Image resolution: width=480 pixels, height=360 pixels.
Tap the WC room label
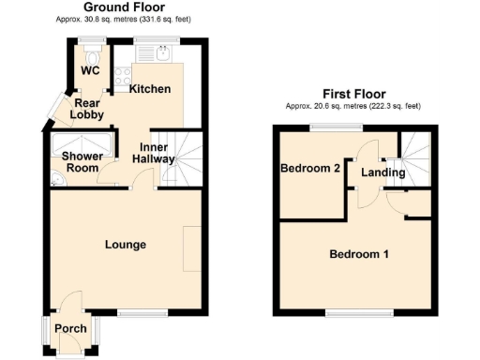[90, 71]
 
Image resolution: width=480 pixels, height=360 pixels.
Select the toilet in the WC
[91, 53]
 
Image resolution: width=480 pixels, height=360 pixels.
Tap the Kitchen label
[149, 89]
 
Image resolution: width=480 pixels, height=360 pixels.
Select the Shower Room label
[81, 161]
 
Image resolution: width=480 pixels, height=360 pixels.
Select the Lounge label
[126, 245]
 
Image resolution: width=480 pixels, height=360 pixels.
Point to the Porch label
[70, 328]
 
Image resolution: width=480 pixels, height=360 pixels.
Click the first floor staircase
[413, 153]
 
